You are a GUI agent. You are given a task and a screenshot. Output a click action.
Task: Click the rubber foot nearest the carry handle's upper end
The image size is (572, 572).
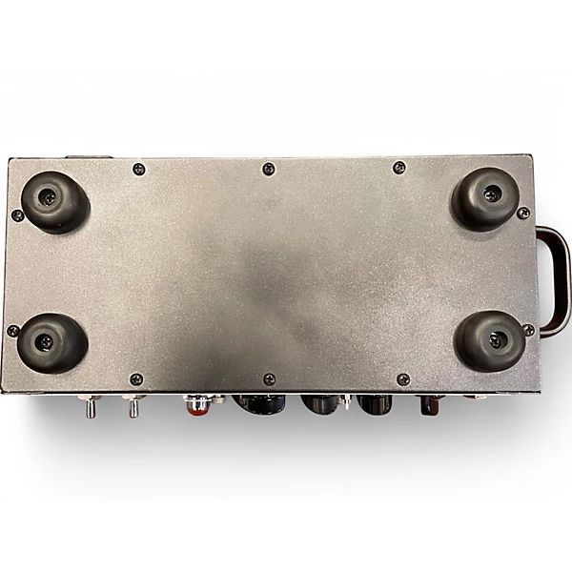click(x=485, y=197)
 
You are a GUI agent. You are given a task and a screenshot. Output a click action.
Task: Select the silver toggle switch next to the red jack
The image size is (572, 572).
click(x=133, y=407)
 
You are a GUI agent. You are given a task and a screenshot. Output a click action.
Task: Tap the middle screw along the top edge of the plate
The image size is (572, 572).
click(x=269, y=169)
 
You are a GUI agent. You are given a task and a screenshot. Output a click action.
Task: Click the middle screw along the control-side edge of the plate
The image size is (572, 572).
click(x=269, y=379)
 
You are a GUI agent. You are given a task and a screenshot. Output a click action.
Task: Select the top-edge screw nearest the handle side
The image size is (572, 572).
click(x=399, y=168)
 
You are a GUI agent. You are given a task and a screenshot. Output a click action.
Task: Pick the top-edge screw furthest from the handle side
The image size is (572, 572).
click(x=139, y=169)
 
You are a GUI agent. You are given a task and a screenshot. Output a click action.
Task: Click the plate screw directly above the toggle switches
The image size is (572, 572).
click(x=135, y=379)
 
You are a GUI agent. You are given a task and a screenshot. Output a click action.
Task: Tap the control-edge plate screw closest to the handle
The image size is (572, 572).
click(x=402, y=379)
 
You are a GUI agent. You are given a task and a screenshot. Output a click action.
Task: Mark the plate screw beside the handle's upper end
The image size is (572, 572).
click(x=523, y=214)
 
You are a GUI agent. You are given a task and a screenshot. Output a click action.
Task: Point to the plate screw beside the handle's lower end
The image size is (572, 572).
click(x=527, y=330)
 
